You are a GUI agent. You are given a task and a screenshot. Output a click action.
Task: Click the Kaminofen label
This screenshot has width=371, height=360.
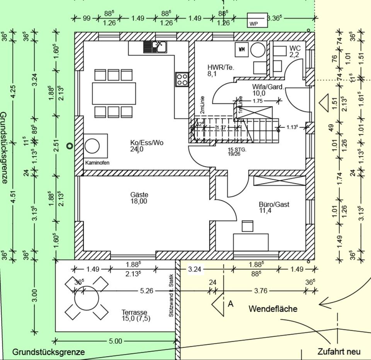pyautogui.click(x=97, y=163)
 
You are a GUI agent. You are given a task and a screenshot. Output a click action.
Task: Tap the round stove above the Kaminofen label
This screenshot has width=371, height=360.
pyautogui.click(x=92, y=146)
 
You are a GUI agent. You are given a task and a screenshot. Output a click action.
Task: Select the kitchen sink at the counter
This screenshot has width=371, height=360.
pyautogui.click(x=155, y=47)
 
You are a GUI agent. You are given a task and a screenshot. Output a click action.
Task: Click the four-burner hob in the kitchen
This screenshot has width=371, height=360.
pyautogui.click(x=182, y=79)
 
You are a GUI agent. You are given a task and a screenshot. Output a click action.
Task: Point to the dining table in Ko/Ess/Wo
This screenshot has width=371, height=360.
pyautogui.click(x=114, y=93)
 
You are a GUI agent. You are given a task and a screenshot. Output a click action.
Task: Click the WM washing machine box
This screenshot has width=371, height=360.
pyautogui.click(x=242, y=49)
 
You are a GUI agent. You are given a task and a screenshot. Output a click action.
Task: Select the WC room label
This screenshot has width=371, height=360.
pyautogui.click(x=294, y=51)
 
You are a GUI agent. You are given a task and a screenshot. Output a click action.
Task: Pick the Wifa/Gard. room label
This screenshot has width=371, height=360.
pyautogui.click(x=268, y=90)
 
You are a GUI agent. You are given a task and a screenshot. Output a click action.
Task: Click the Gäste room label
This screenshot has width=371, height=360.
pyautogui.click(x=139, y=198)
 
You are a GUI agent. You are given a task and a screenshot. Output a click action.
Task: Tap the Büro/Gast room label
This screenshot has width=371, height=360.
pyautogui.click(x=274, y=207)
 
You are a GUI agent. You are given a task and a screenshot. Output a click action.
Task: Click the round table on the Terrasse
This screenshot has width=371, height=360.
pyautogui.click(x=87, y=298)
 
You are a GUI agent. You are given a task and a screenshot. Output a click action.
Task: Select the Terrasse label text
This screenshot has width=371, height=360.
pyautogui.click(x=135, y=315)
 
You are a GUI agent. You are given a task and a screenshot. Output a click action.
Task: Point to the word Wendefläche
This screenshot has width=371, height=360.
pyautogui.click(x=273, y=309)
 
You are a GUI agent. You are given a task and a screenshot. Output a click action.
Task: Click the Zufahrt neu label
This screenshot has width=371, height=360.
pyautogui.click(x=339, y=352)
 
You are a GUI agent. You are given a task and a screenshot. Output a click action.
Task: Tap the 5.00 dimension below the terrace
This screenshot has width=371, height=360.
pyautogui.click(x=115, y=341)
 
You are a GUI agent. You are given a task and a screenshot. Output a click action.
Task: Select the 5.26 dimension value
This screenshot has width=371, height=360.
pyautogui.click(x=146, y=291)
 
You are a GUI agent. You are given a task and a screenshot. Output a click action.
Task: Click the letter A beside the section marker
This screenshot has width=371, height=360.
pyautogui.click(x=230, y=304)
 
